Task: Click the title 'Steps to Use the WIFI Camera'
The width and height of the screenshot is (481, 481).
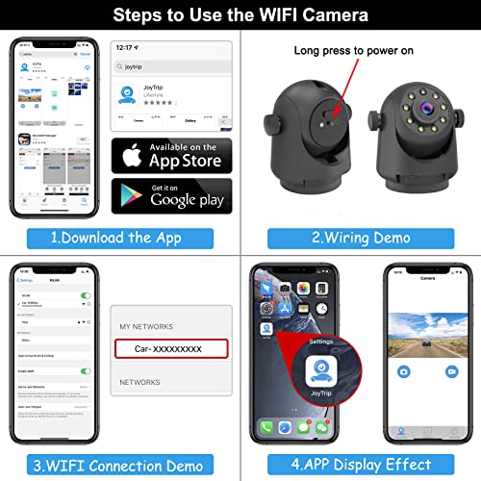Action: click(x=240, y=16)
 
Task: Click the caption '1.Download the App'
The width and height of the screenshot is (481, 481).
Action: click(x=121, y=237)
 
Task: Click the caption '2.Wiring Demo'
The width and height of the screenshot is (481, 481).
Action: click(x=361, y=237)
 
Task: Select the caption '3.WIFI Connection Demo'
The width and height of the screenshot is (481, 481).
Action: click(x=121, y=466)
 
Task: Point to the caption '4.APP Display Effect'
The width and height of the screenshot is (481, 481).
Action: click(x=361, y=466)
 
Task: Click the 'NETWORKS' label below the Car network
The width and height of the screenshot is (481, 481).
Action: click(x=140, y=382)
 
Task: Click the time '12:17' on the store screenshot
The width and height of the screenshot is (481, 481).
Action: click(x=126, y=47)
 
